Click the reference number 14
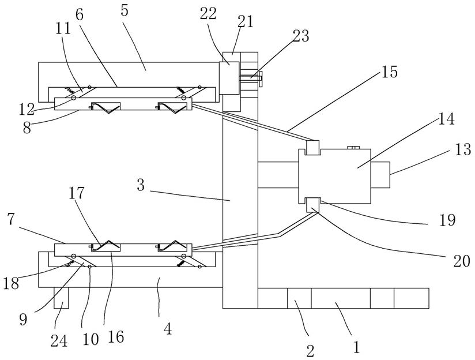446,119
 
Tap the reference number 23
300,36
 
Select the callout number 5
124,10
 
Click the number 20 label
461,261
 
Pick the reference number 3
141,185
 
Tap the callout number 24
59,341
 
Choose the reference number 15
389,72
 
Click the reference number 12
27,110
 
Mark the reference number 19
447,220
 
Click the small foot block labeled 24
61,298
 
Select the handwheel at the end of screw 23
261,78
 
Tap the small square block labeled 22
229,78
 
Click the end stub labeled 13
380,175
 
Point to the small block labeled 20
313,205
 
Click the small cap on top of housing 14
353,147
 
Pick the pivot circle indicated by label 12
74,98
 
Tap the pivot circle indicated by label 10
90,267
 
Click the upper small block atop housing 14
313,148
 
